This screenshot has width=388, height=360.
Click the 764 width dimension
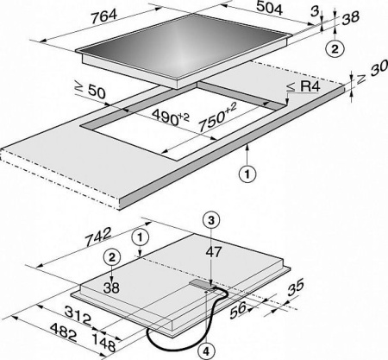(x=103, y=16)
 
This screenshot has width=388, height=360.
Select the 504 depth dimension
(x=269, y=8)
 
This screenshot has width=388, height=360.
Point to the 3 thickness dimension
(x=316, y=11)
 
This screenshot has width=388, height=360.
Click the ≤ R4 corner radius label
(x=304, y=86)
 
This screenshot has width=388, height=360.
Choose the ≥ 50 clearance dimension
(x=90, y=91)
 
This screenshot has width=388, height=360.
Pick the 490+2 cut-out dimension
(x=170, y=117)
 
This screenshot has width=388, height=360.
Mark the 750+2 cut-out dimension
(x=217, y=117)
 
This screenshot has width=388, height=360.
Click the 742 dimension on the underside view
(x=98, y=237)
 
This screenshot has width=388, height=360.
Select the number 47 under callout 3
(x=214, y=252)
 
